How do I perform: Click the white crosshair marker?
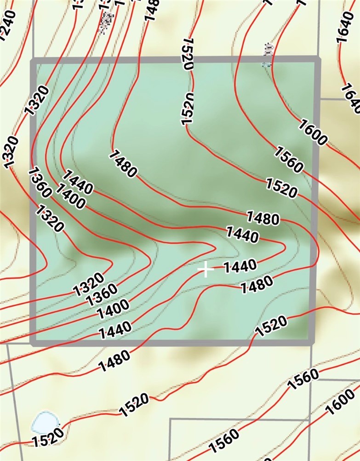click(206, 270)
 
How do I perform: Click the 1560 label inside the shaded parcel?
click(289, 159)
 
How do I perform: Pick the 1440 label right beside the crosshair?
click(239, 266)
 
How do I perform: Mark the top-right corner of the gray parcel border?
click(317, 59)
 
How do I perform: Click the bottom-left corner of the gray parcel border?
click(33, 342)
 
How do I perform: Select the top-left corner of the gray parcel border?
click(33, 60)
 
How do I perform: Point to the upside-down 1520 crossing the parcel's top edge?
click(186, 54)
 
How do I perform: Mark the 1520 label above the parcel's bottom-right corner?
click(271, 326)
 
